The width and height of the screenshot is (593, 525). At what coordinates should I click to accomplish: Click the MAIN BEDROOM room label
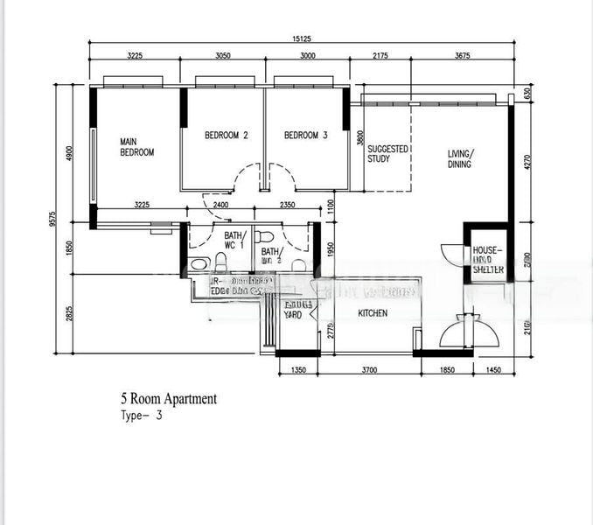[136, 146]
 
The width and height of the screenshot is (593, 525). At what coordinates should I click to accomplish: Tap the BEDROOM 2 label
[227, 136]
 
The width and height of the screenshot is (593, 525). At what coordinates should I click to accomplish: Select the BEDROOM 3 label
[305, 136]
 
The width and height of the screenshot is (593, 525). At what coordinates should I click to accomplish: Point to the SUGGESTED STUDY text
[387, 154]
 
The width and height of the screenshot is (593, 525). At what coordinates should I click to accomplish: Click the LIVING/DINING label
[459, 158]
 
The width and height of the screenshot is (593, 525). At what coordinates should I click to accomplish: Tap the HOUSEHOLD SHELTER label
[488, 260]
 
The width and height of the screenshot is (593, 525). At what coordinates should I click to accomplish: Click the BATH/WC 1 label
[235, 241]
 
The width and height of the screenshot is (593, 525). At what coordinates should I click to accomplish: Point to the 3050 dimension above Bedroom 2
[223, 55]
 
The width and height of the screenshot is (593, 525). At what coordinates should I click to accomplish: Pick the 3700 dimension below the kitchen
[368, 371]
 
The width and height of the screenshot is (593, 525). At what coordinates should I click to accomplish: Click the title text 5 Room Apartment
[169, 399]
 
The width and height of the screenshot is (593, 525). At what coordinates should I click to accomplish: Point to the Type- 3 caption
[141, 416]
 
